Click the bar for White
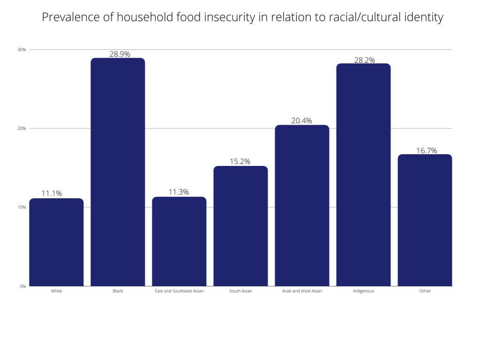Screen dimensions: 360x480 pyautogui.click(x=56, y=242)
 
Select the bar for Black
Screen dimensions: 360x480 pyautogui.click(x=118, y=172)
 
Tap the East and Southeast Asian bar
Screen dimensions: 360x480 pyautogui.click(x=179, y=241)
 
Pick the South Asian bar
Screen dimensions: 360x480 pyautogui.click(x=240, y=226)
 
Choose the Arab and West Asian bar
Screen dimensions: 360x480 pyautogui.click(x=302, y=205)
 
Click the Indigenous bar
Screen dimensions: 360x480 pyautogui.click(x=363, y=175)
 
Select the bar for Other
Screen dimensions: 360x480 pyautogui.click(x=425, y=220)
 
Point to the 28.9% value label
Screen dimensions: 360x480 pyautogui.click(x=120, y=54)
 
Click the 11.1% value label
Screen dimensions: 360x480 pyautogui.click(x=52, y=194)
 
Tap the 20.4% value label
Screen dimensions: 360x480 pyautogui.click(x=301, y=121)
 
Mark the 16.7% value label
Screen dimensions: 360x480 pyautogui.click(x=427, y=150)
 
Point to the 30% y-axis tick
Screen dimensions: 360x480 pyautogui.click(x=22, y=49)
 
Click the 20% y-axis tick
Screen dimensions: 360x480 pyautogui.click(x=22, y=128)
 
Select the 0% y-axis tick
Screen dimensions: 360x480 pyautogui.click(x=23, y=286)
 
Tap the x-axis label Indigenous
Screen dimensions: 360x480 pyautogui.click(x=363, y=291)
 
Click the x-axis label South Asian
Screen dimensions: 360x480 pyautogui.click(x=240, y=291)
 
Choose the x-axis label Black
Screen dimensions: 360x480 pyautogui.click(x=118, y=291)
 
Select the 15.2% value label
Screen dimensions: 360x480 pyautogui.click(x=240, y=162)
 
